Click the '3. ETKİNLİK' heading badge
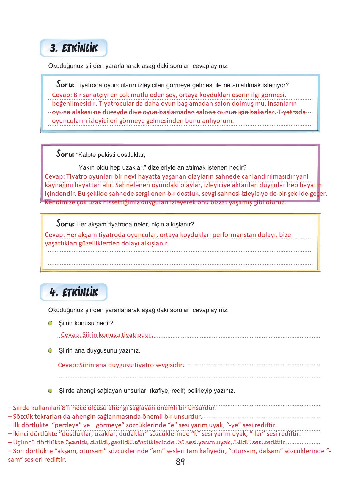point(73,48)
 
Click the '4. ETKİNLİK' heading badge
point(73,292)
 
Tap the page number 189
point(179,462)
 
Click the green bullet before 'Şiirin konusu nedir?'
point(50,323)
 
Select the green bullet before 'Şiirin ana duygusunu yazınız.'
point(50,350)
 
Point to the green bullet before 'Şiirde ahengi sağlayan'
point(50,391)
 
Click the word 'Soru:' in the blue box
point(65,84)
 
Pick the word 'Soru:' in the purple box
point(65,154)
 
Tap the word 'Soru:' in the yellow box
point(65,223)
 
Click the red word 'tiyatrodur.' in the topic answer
point(137,335)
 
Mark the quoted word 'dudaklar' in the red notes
point(133,434)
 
